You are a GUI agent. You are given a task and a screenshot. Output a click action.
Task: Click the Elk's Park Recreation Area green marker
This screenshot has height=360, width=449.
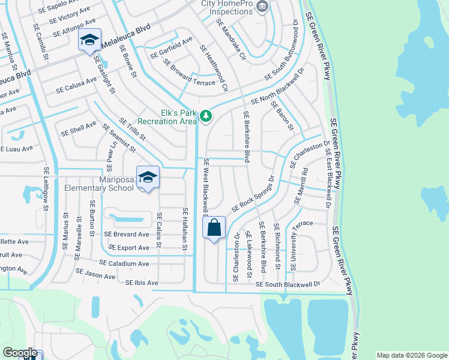(206, 115)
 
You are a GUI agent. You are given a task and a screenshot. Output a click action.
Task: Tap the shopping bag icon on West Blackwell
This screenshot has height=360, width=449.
(214, 228)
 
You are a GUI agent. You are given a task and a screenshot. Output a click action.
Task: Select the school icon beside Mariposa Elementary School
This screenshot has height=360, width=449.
(148, 177)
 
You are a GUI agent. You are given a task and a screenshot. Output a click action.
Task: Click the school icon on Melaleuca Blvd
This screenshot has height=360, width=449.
(89, 40)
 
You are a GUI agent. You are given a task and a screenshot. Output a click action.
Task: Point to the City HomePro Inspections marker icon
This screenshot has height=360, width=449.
(262, 7)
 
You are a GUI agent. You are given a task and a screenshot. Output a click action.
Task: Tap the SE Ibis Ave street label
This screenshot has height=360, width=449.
(142, 283)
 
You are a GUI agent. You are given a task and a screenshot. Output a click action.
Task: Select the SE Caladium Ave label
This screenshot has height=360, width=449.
(124, 263)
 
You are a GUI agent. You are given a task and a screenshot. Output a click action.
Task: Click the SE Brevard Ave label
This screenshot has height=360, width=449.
(127, 235)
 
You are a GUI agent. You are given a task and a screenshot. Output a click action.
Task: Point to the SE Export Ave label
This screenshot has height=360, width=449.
(128, 248)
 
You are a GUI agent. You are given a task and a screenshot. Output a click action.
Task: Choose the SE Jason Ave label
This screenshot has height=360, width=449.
(95, 274)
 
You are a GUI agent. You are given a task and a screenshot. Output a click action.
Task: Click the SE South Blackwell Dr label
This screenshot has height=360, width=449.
(288, 284)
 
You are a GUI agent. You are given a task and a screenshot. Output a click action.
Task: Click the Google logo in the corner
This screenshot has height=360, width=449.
(20, 352)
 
